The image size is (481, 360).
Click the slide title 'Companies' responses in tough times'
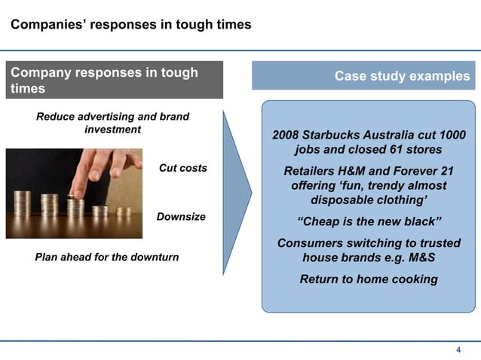130,26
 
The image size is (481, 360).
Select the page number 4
458,349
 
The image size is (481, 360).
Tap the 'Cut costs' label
182,168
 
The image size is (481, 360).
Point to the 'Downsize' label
181,217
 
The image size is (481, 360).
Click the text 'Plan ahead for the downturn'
107,258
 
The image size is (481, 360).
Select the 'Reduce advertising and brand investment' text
112,123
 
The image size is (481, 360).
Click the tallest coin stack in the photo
23,203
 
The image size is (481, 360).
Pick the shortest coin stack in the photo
124,212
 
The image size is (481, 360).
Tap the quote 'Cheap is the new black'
369,222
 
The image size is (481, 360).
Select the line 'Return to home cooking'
369,279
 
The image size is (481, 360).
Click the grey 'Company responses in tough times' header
115,80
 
